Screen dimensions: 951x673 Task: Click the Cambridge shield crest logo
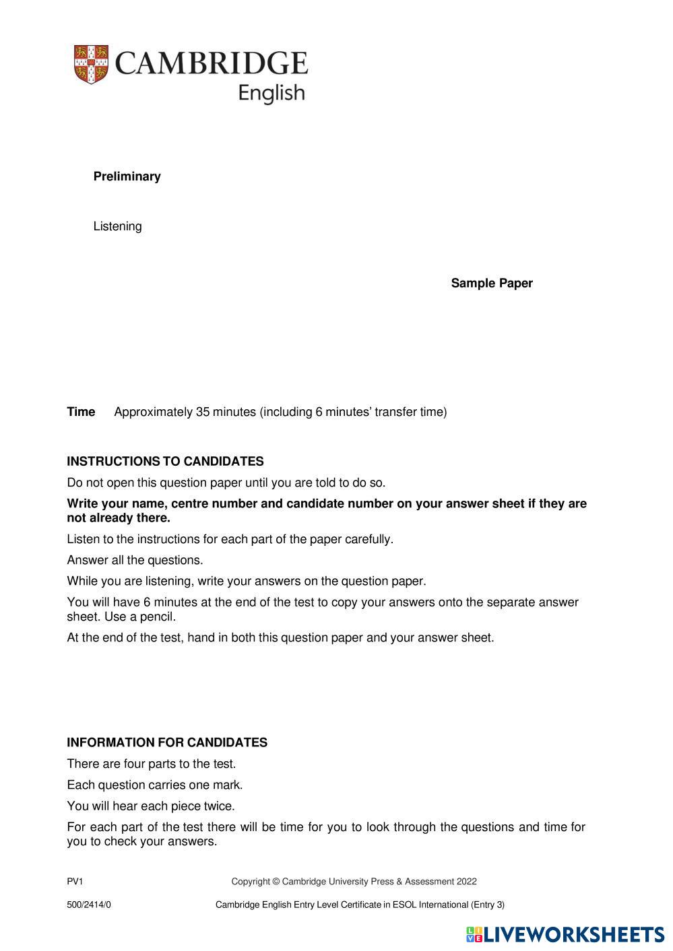pos(91,65)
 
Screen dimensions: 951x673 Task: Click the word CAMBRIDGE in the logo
pos(212,63)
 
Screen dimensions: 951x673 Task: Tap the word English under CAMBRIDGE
pos(271,93)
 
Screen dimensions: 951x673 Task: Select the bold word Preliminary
pos(127,176)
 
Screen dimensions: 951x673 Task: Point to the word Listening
pos(118,226)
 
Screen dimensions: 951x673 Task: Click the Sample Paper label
pos(492,283)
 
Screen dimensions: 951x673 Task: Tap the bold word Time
pos(81,412)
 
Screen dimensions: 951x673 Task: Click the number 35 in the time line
pos(203,412)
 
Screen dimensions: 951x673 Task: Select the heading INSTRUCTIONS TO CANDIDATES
pos(165,462)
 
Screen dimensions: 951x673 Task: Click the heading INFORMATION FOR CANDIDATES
pos(167,742)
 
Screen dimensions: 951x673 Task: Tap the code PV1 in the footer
pos(75,882)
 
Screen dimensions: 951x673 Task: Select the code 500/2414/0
pos(89,905)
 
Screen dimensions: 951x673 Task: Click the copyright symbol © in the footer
pos(276,882)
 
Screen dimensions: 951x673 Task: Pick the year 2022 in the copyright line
pos(466,882)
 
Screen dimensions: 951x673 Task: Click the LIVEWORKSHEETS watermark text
pos(574,935)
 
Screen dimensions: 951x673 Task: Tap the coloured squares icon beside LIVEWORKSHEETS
pos(474,935)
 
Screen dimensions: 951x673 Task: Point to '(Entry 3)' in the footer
pos(488,905)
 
